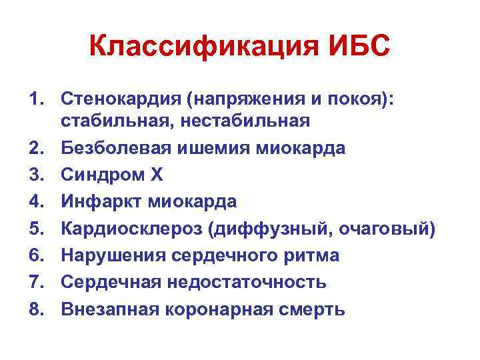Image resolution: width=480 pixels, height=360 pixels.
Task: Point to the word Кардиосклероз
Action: pos(131,229)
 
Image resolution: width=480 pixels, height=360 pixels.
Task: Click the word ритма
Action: pos(315,255)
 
